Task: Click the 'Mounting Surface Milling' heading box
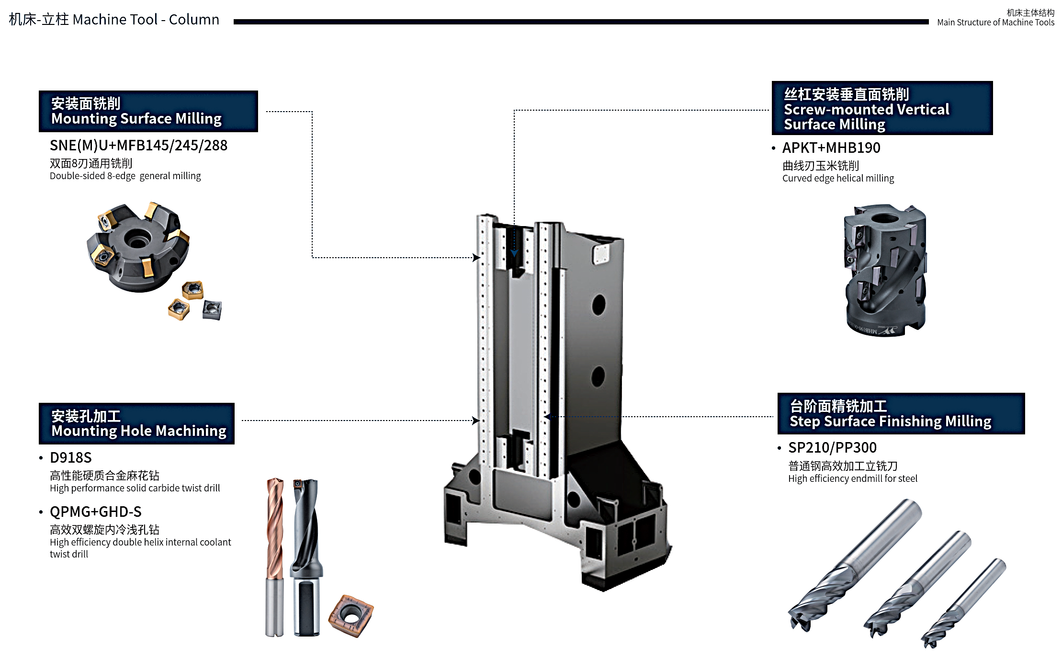click(x=148, y=111)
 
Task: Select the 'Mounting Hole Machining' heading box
click(x=136, y=423)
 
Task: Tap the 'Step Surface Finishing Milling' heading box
click(x=901, y=414)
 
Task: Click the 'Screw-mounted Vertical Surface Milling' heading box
click(x=882, y=108)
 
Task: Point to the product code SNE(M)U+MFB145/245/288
click(x=138, y=145)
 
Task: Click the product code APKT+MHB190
click(x=831, y=148)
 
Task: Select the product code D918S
click(x=70, y=457)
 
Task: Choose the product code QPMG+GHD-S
click(x=96, y=512)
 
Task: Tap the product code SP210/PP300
click(x=832, y=447)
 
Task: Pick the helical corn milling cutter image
click(x=885, y=270)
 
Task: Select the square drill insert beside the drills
click(x=351, y=615)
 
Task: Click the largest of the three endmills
click(x=855, y=565)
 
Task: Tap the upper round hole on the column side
click(x=599, y=305)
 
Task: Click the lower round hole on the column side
click(x=598, y=377)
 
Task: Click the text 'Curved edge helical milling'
click(x=838, y=178)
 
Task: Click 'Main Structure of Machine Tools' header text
click(x=995, y=22)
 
